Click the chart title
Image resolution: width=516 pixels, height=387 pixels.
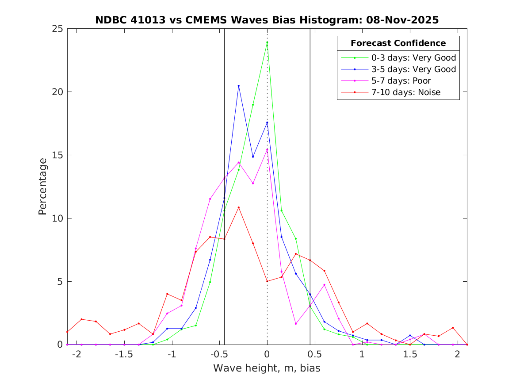[x=267, y=20]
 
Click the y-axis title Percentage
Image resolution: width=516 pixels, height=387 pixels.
[x=42, y=186]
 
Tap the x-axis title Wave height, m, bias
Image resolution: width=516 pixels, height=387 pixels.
[x=267, y=368]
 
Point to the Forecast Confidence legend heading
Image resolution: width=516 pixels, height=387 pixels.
[x=398, y=43]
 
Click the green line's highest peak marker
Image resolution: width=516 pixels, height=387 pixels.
[x=267, y=42]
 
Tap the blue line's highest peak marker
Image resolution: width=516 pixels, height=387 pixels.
[x=239, y=86]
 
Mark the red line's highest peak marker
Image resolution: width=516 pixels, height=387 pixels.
[x=239, y=207]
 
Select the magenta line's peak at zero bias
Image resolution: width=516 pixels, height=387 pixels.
[x=267, y=149]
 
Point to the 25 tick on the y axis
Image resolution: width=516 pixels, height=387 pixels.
[x=58, y=29]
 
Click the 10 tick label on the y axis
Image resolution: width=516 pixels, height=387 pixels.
[x=58, y=218]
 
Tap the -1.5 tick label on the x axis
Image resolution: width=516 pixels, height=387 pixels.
[x=124, y=354]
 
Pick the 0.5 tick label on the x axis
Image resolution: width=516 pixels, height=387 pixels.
[x=314, y=354]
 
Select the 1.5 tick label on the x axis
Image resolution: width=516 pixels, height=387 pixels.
[x=409, y=354]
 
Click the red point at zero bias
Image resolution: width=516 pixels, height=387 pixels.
[x=267, y=281]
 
